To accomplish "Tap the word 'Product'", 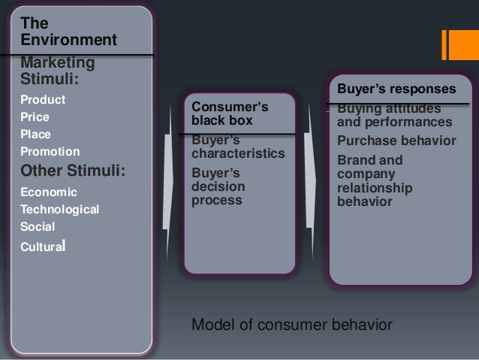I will tap(43, 100).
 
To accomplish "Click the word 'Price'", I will tap(37, 117).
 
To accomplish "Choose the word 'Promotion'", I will tap(50, 152).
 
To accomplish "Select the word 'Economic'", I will tap(48, 192).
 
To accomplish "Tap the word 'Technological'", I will tap(60, 209).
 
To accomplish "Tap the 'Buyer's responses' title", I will tap(396, 89).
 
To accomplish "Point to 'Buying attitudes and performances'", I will tap(394, 116).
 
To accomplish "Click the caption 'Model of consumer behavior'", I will tap(292, 325).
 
